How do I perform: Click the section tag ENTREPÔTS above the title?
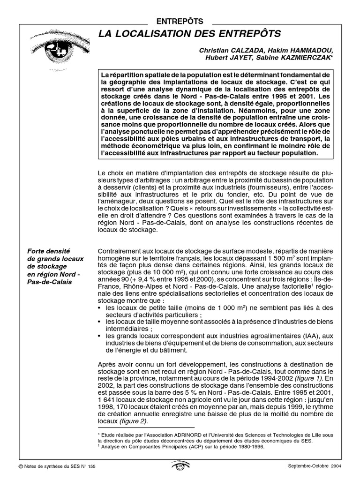(x=180, y=21)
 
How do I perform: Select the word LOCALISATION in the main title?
(x=160, y=34)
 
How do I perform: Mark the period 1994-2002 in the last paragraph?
(x=278, y=378)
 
